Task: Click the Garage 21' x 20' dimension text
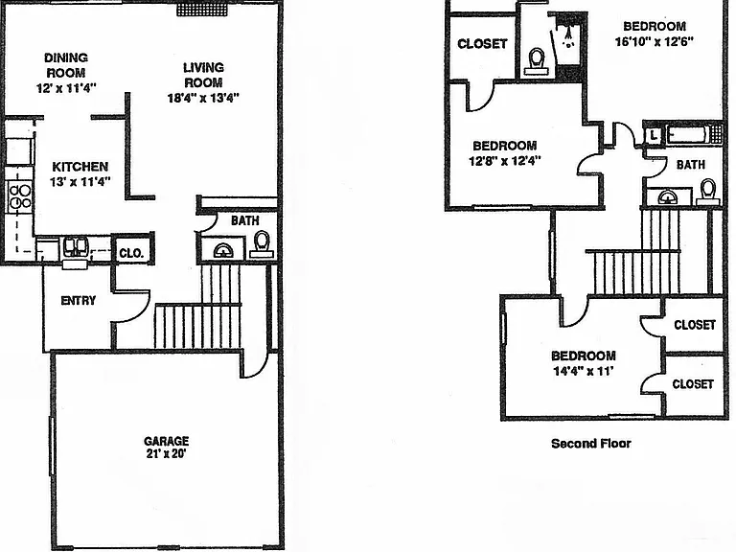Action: [166, 454]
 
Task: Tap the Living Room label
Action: [203, 75]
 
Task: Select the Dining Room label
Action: [66, 65]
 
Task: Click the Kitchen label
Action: [80, 167]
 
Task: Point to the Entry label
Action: [79, 300]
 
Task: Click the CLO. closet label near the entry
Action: [131, 253]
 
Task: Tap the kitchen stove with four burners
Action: [20, 197]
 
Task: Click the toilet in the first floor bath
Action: [262, 244]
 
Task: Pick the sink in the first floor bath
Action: [223, 250]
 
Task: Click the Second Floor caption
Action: [591, 444]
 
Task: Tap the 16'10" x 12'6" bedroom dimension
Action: [655, 42]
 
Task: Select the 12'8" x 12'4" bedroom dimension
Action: [505, 161]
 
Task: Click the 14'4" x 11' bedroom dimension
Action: [583, 371]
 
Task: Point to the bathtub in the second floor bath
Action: [687, 135]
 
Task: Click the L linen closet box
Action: [653, 136]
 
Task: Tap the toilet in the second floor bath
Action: [708, 193]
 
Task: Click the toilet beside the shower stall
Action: [536, 62]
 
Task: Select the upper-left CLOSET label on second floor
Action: [482, 44]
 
